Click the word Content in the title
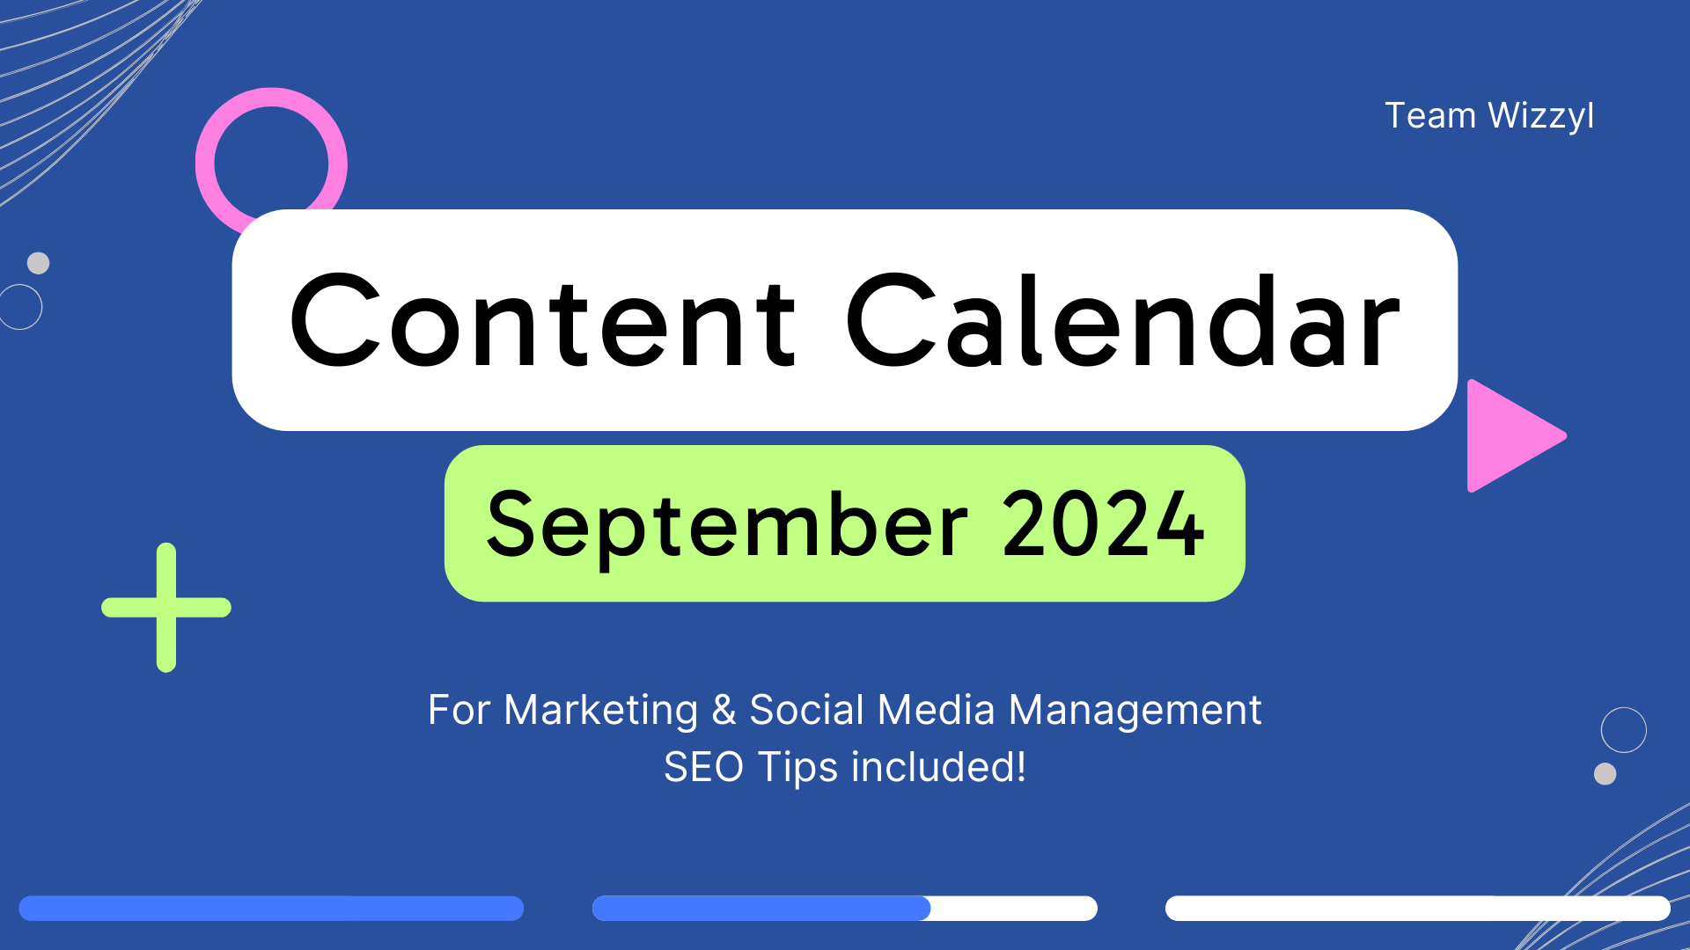543,322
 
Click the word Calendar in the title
1123,320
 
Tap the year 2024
1103,523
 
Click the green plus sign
166,607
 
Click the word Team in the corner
1430,115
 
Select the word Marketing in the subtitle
600,711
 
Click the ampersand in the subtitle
724,710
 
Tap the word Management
1135,711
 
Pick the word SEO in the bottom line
703,767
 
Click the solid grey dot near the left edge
38,263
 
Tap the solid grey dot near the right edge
1605,774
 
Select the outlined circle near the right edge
1624,708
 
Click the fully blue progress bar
271,909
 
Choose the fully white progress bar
1418,909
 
